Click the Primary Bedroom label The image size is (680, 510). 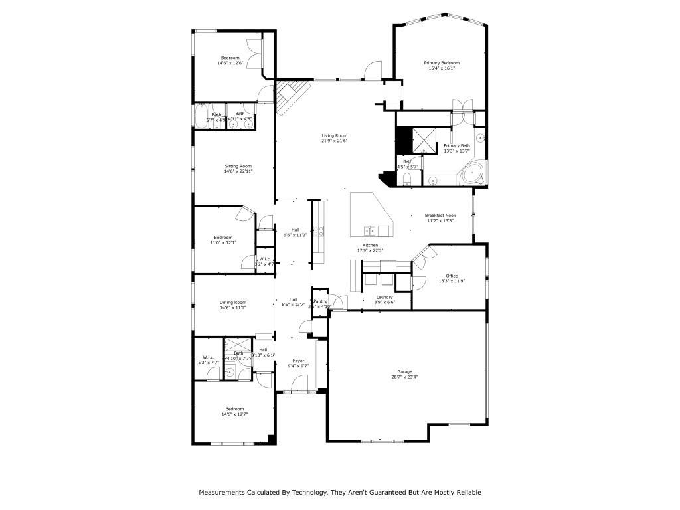442,63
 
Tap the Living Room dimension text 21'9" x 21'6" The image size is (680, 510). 335,141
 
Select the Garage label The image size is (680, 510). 404,371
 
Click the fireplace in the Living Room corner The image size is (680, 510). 293,96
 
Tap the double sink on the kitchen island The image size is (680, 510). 370,230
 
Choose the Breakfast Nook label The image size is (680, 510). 440,216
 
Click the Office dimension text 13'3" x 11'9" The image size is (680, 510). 452,281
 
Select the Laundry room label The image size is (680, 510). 384,297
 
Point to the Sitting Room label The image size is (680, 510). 238,166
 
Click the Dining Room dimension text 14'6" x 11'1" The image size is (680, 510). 233,307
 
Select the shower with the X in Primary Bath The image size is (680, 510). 423,138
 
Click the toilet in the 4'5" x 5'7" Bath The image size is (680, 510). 408,179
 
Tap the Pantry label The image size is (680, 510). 319,301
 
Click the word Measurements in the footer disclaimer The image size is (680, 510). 222,492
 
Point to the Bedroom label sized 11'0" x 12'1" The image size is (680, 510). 223,237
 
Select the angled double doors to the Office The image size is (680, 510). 421,254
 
